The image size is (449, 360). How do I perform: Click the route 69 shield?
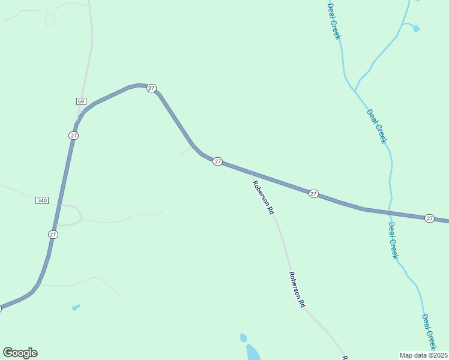81,100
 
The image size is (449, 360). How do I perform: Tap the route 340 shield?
41,200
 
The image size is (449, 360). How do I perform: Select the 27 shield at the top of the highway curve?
151,88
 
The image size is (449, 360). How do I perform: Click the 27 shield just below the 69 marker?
73,136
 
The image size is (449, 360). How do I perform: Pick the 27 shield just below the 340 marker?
53,235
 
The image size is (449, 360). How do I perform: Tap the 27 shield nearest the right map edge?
429,218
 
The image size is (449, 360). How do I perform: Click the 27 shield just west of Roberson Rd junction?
217,161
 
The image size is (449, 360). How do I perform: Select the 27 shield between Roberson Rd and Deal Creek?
313,194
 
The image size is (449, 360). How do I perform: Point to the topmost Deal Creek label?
334,21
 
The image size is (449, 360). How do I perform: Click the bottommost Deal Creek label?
429,332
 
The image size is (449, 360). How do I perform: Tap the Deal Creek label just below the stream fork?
376,126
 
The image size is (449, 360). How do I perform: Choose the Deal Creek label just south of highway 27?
393,240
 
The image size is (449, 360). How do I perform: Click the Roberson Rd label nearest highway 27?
263,197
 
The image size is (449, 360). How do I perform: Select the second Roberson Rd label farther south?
297,290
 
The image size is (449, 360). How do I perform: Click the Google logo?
20,353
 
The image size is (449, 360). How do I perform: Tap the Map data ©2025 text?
423,355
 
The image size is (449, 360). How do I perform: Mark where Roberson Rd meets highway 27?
251,174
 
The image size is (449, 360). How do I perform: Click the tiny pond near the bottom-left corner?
76,308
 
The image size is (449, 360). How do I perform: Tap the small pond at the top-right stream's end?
416,28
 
